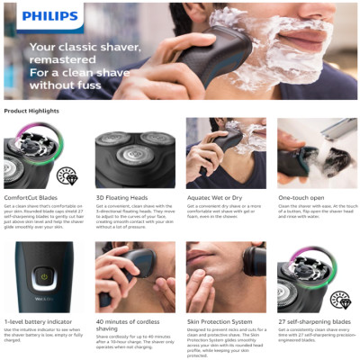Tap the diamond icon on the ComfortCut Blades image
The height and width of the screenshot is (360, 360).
coord(67,175)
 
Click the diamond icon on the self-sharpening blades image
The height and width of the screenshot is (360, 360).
coord(339,300)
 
